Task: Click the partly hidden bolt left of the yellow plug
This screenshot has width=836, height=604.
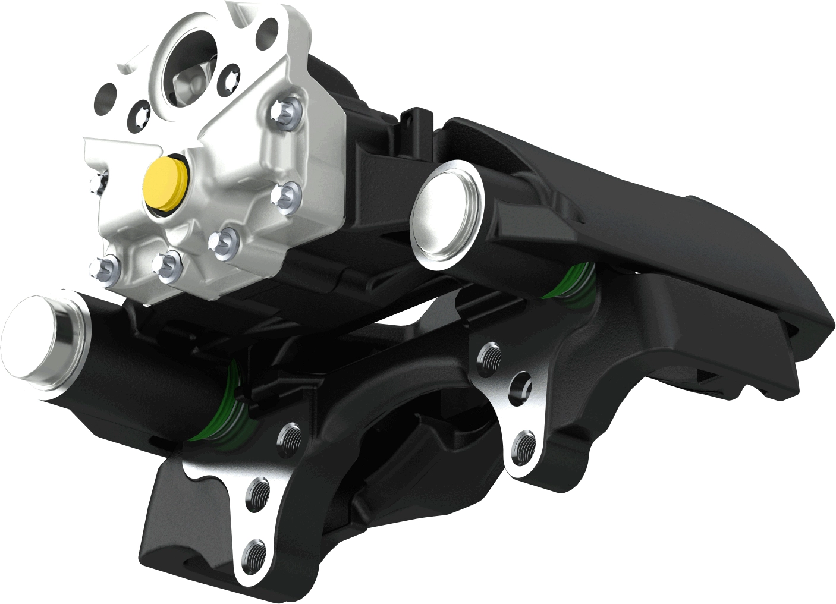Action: pos(99,181)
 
